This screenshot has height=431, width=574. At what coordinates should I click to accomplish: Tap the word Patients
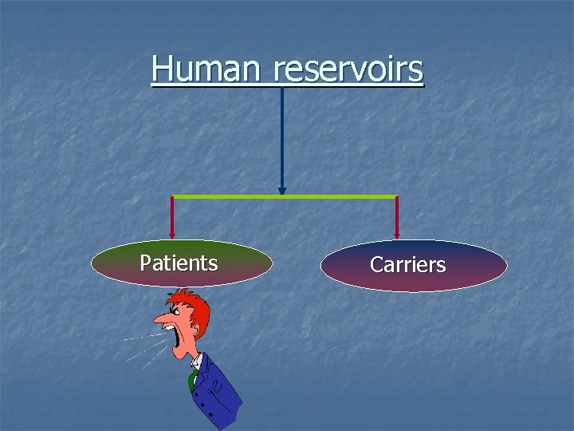point(179,263)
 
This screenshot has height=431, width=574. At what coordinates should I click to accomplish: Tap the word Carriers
point(407,265)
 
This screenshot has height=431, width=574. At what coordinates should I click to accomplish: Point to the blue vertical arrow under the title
point(281,136)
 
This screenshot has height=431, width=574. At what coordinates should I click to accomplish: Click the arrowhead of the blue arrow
point(281,192)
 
